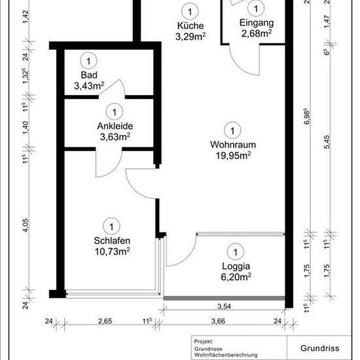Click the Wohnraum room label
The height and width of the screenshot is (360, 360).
[x=233, y=145]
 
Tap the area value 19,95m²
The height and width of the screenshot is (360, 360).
[x=233, y=155]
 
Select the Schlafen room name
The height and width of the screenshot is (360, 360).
[x=112, y=241]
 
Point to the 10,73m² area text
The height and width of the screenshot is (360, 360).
[x=113, y=251]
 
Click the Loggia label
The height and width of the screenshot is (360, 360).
[x=236, y=266]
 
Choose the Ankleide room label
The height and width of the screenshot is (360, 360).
[x=115, y=126]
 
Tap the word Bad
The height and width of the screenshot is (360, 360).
[x=89, y=75]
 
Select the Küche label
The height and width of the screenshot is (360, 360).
[x=190, y=26]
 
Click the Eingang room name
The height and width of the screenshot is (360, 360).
[x=257, y=23]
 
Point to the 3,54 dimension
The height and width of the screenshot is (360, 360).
[x=224, y=306]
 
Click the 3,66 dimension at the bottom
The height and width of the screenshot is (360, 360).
[x=218, y=321]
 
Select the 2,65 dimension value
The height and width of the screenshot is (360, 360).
[x=105, y=321]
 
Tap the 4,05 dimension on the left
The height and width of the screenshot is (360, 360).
[x=26, y=225]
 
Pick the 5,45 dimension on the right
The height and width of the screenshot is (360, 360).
[x=327, y=142]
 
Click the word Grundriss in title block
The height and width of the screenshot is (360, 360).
[x=320, y=348]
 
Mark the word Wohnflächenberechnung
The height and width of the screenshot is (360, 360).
[x=226, y=355]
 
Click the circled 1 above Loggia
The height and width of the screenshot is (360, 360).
[x=236, y=252]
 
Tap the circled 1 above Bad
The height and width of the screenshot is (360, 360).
[x=88, y=61]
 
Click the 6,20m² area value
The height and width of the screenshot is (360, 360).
[x=236, y=277]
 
